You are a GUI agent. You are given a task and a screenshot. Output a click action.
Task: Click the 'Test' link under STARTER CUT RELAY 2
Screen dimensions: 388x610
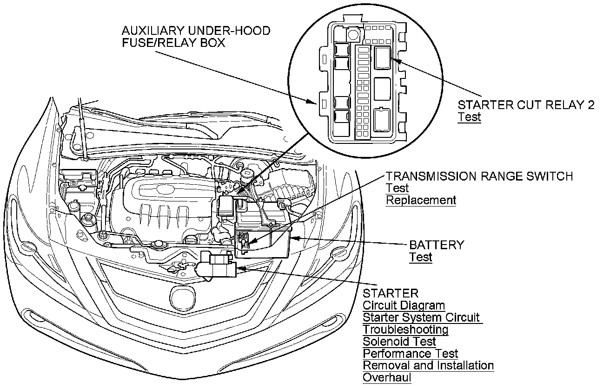point(469,117)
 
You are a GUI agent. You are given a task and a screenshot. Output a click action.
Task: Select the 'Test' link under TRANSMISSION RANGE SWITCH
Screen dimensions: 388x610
point(397,188)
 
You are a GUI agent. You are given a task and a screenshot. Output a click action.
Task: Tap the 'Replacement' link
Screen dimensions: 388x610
point(421,200)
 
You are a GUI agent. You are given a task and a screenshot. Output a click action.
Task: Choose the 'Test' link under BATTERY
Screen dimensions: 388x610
point(420,257)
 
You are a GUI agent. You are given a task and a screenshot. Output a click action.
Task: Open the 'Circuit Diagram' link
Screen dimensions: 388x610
point(404,306)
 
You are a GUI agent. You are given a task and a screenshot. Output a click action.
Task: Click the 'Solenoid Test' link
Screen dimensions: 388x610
point(399,342)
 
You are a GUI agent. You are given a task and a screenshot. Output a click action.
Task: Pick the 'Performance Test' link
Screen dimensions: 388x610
point(410,354)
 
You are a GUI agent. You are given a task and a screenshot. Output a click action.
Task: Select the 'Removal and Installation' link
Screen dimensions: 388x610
point(428,366)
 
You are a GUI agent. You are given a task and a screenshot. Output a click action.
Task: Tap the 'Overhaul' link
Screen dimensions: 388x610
point(387,378)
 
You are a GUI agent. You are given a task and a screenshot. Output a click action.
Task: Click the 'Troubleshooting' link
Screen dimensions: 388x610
point(405,330)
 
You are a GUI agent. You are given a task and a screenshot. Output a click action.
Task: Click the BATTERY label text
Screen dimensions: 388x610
point(436,245)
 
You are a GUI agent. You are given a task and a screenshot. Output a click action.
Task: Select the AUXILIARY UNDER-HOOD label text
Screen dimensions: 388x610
point(196,31)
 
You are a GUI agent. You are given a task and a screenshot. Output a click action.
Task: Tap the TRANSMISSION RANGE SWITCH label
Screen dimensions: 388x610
point(479,176)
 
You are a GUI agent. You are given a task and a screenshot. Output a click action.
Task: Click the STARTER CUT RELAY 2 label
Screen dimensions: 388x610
point(526,105)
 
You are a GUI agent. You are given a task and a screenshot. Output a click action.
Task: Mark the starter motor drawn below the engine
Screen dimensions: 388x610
point(216,267)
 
